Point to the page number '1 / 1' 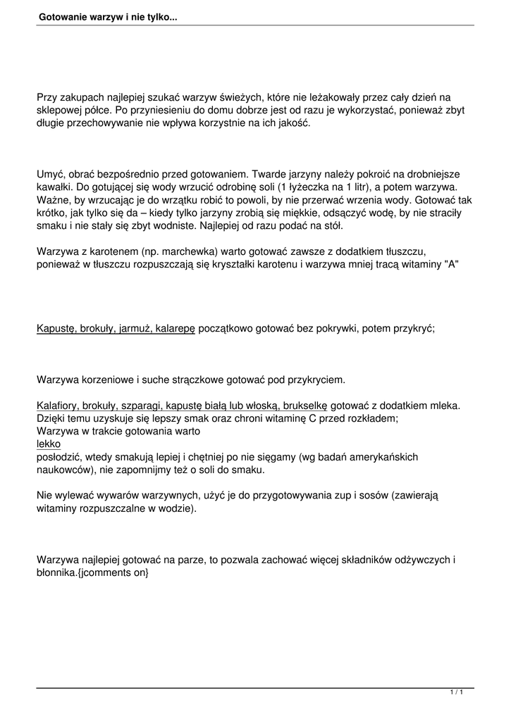pyautogui.click(x=456, y=694)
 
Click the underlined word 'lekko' pyautogui.click(x=49, y=444)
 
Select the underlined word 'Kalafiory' pyautogui.click(x=58, y=406)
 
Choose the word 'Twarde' pyautogui.click(x=269, y=173)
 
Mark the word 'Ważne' pyautogui.click(x=53, y=199)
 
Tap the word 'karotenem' pyautogui.click(x=111, y=251)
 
